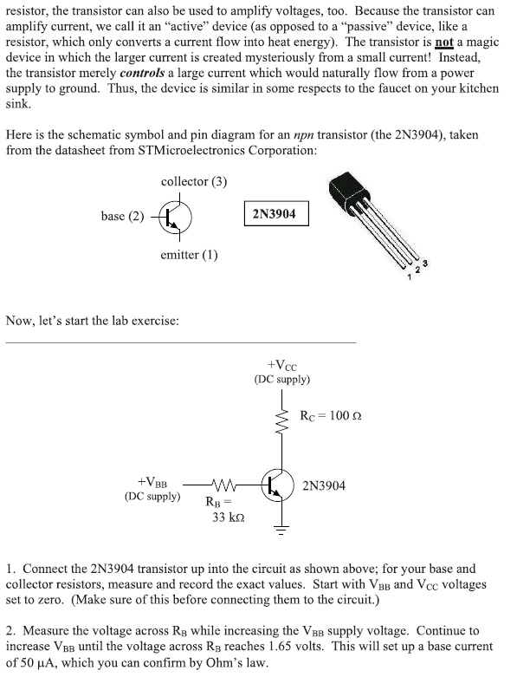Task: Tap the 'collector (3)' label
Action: pos(194,181)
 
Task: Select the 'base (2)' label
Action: pos(122,217)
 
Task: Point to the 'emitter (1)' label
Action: pos(189,255)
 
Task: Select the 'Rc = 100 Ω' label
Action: pos(330,417)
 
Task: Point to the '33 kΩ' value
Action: pos(229,517)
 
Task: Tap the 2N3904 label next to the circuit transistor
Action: pos(324,485)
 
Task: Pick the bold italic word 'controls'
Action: pos(132,73)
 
